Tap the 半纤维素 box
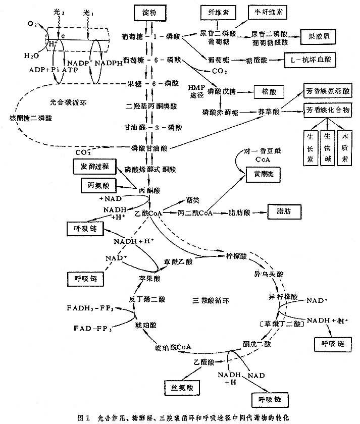[267, 10]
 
